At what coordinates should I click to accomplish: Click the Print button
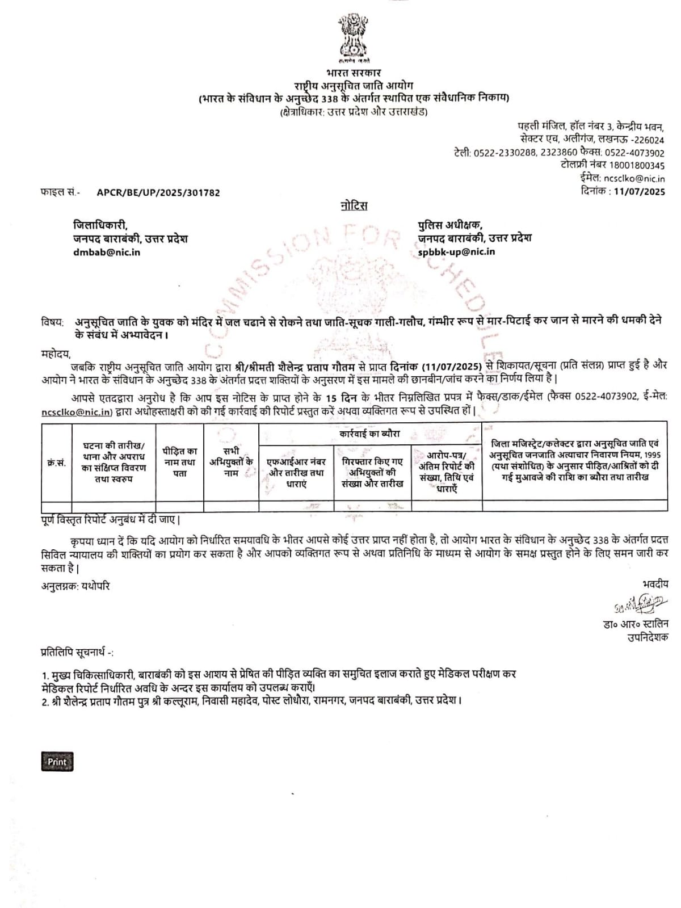57,762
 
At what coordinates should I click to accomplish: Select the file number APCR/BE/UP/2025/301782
158,192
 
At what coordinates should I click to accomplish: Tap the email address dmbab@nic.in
107,252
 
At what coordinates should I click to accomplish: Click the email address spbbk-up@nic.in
456,252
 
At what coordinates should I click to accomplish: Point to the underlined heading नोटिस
354,205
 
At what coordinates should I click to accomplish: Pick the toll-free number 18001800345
637,166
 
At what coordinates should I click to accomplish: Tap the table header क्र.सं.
56,463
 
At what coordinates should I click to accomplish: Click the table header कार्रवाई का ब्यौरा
370,434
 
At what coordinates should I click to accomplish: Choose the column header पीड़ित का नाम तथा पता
179,462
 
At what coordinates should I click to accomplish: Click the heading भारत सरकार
354,73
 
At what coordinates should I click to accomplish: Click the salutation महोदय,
54,354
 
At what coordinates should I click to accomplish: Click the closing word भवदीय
655,584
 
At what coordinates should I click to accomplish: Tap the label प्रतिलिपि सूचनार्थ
77,653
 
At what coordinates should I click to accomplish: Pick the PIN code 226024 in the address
649,140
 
